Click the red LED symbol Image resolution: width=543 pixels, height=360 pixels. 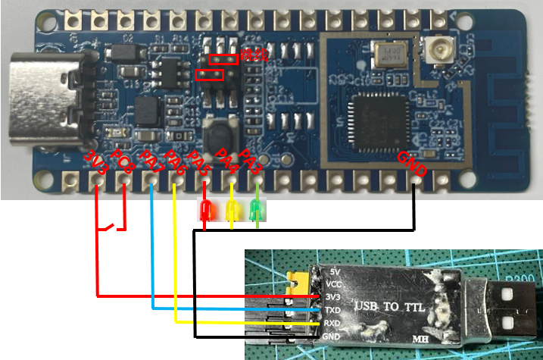205,211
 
